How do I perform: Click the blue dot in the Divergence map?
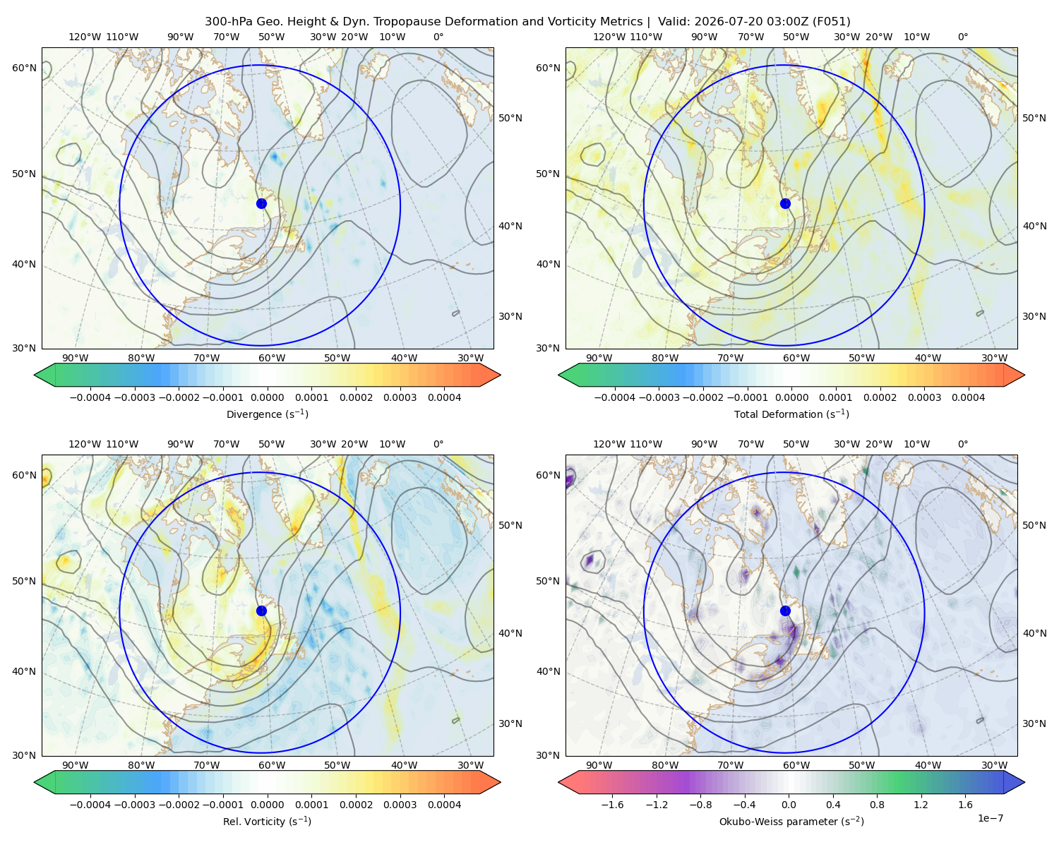click(x=261, y=203)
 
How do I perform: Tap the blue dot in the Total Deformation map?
click(x=785, y=203)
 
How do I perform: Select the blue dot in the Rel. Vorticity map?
click(x=261, y=611)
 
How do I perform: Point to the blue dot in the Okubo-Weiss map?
click(x=785, y=611)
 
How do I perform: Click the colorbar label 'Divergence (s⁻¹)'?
click(x=267, y=414)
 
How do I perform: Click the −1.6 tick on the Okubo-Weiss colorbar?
click(x=612, y=805)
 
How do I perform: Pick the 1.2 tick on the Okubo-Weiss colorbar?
click(x=921, y=805)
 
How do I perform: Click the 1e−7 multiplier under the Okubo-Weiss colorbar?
click(x=990, y=818)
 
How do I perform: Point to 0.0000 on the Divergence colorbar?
click(x=267, y=397)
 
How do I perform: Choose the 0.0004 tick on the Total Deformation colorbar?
click(x=968, y=397)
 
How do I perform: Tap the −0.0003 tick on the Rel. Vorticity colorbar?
click(x=134, y=805)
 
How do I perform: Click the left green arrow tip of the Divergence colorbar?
click(x=35, y=375)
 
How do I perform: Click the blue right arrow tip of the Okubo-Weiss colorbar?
click(x=1024, y=782)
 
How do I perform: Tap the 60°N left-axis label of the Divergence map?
click(x=24, y=68)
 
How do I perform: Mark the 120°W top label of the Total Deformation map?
click(x=609, y=37)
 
